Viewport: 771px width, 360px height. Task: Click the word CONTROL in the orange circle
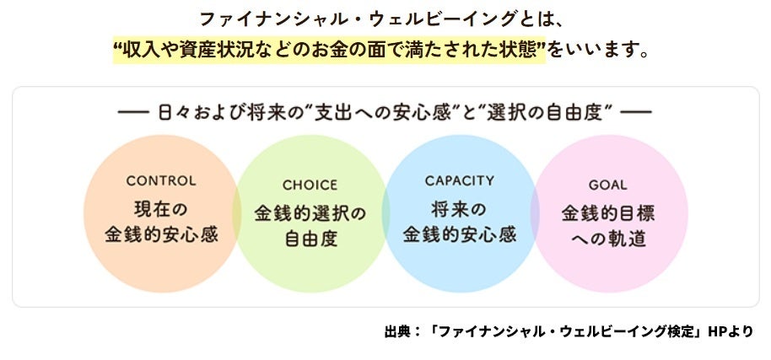160,180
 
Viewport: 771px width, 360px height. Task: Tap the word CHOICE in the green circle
310,185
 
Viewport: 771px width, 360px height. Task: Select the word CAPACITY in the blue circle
460,180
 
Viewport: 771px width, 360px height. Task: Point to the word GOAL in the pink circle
607,185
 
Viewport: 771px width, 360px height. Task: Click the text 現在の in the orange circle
160,207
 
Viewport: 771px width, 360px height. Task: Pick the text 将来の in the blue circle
460,207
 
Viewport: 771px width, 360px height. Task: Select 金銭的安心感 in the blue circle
460,234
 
